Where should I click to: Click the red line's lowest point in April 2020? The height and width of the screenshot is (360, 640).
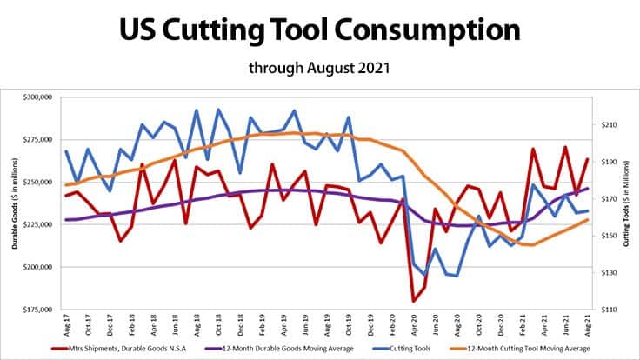pos(414,301)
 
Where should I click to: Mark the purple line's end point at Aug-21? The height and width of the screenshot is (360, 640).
pos(589,188)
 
